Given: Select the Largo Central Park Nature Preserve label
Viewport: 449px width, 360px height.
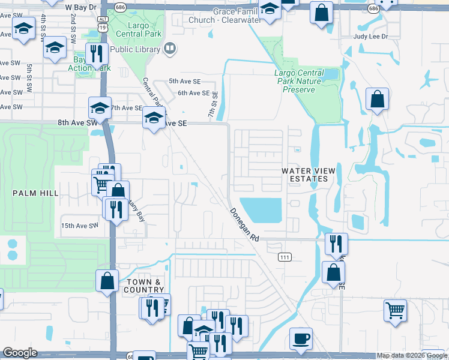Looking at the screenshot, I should coord(298,81).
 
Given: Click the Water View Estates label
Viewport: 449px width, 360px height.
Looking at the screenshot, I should coord(306,175).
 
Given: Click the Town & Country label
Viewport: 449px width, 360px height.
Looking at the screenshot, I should coord(145,286).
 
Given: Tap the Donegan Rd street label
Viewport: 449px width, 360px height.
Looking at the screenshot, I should coord(244,225).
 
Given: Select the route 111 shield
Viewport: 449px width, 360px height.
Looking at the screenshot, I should coord(285,257).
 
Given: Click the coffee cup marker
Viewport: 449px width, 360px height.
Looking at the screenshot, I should coord(301,338).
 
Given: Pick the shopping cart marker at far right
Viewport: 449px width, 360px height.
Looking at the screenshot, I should coord(395,311).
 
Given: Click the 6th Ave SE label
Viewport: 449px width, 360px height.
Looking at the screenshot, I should coord(193,93).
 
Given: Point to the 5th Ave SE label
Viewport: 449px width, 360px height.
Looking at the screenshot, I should coord(184,80).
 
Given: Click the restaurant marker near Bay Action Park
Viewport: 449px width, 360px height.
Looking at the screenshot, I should coord(96,53).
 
